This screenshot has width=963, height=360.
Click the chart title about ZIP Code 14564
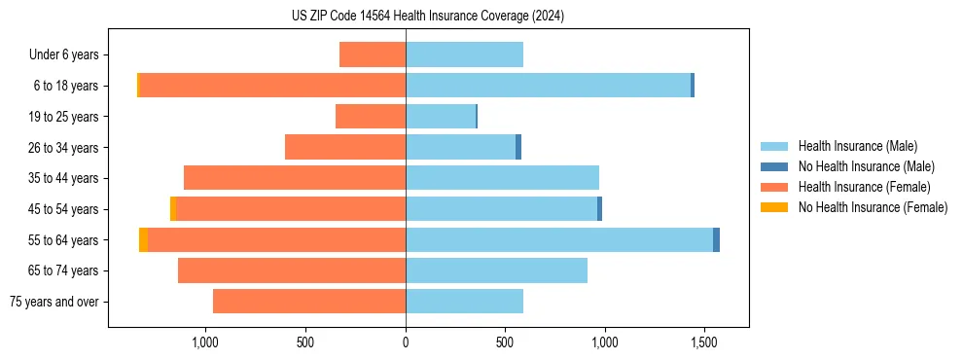point(428,17)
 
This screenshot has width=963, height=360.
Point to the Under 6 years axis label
point(70,55)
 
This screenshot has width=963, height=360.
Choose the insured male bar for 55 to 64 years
point(559,240)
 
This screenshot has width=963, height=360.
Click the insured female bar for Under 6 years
point(373,55)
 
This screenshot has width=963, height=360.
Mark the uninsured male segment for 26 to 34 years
point(518,148)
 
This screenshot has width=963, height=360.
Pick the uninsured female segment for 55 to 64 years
point(143,240)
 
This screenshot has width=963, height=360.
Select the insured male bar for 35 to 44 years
point(502,178)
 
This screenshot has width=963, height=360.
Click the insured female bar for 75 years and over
point(309,302)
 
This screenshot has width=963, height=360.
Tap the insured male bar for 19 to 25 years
point(441,117)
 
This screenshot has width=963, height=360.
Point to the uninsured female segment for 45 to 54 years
point(172,209)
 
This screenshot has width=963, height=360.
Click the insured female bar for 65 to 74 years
point(292,270)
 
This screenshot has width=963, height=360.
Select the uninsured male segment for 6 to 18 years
point(693,86)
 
